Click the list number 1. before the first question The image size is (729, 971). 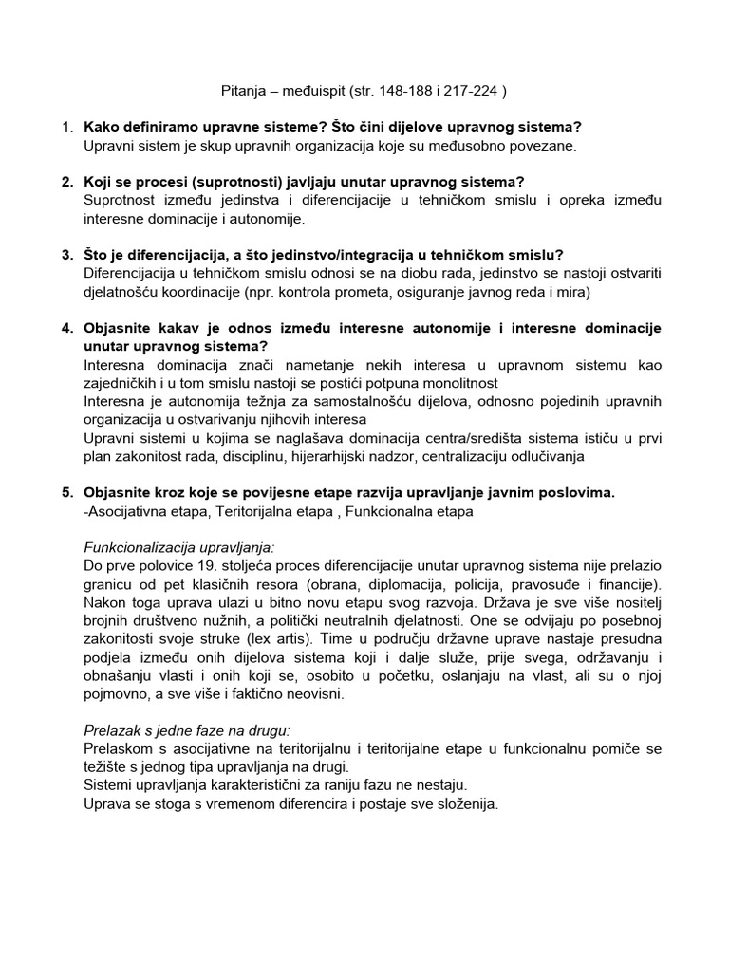click(66, 127)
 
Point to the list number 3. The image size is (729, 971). click(66, 255)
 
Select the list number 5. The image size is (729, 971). click(66, 492)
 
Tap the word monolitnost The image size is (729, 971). click(458, 383)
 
